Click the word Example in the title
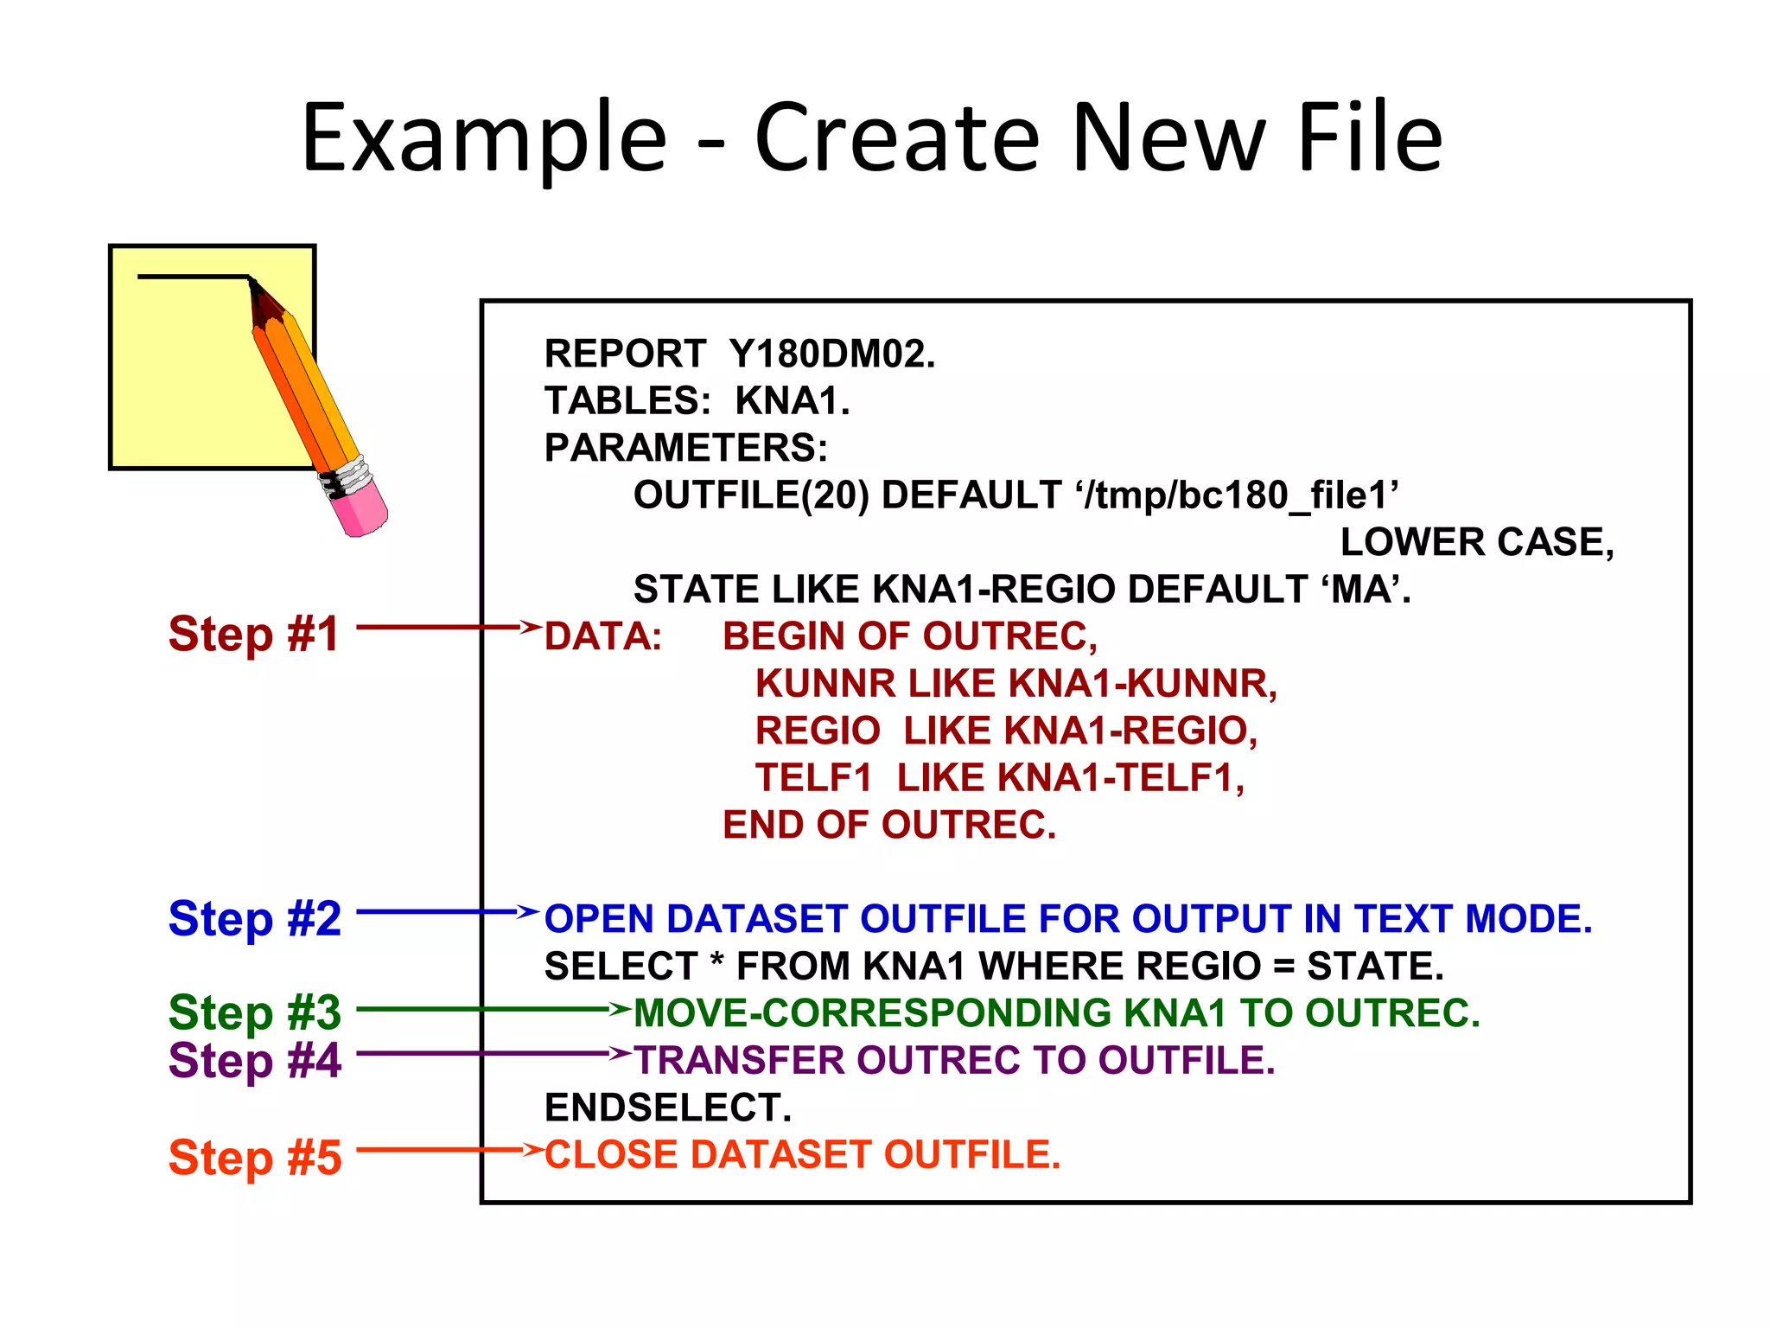pyautogui.click(x=484, y=138)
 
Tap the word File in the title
pyautogui.click(x=1370, y=138)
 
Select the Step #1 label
pyautogui.click(x=254, y=634)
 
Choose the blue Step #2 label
pyautogui.click(x=255, y=918)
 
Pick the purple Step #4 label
pyautogui.click(x=255, y=1060)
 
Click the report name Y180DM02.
pyautogui.click(x=831, y=354)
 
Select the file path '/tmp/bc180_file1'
pyautogui.click(x=1238, y=495)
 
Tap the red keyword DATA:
pyautogui.click(x=603, y=637)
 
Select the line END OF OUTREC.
pyautogui.click(x=889, y=825)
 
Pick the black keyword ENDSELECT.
pyautogui.click(x=667, y=1108)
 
